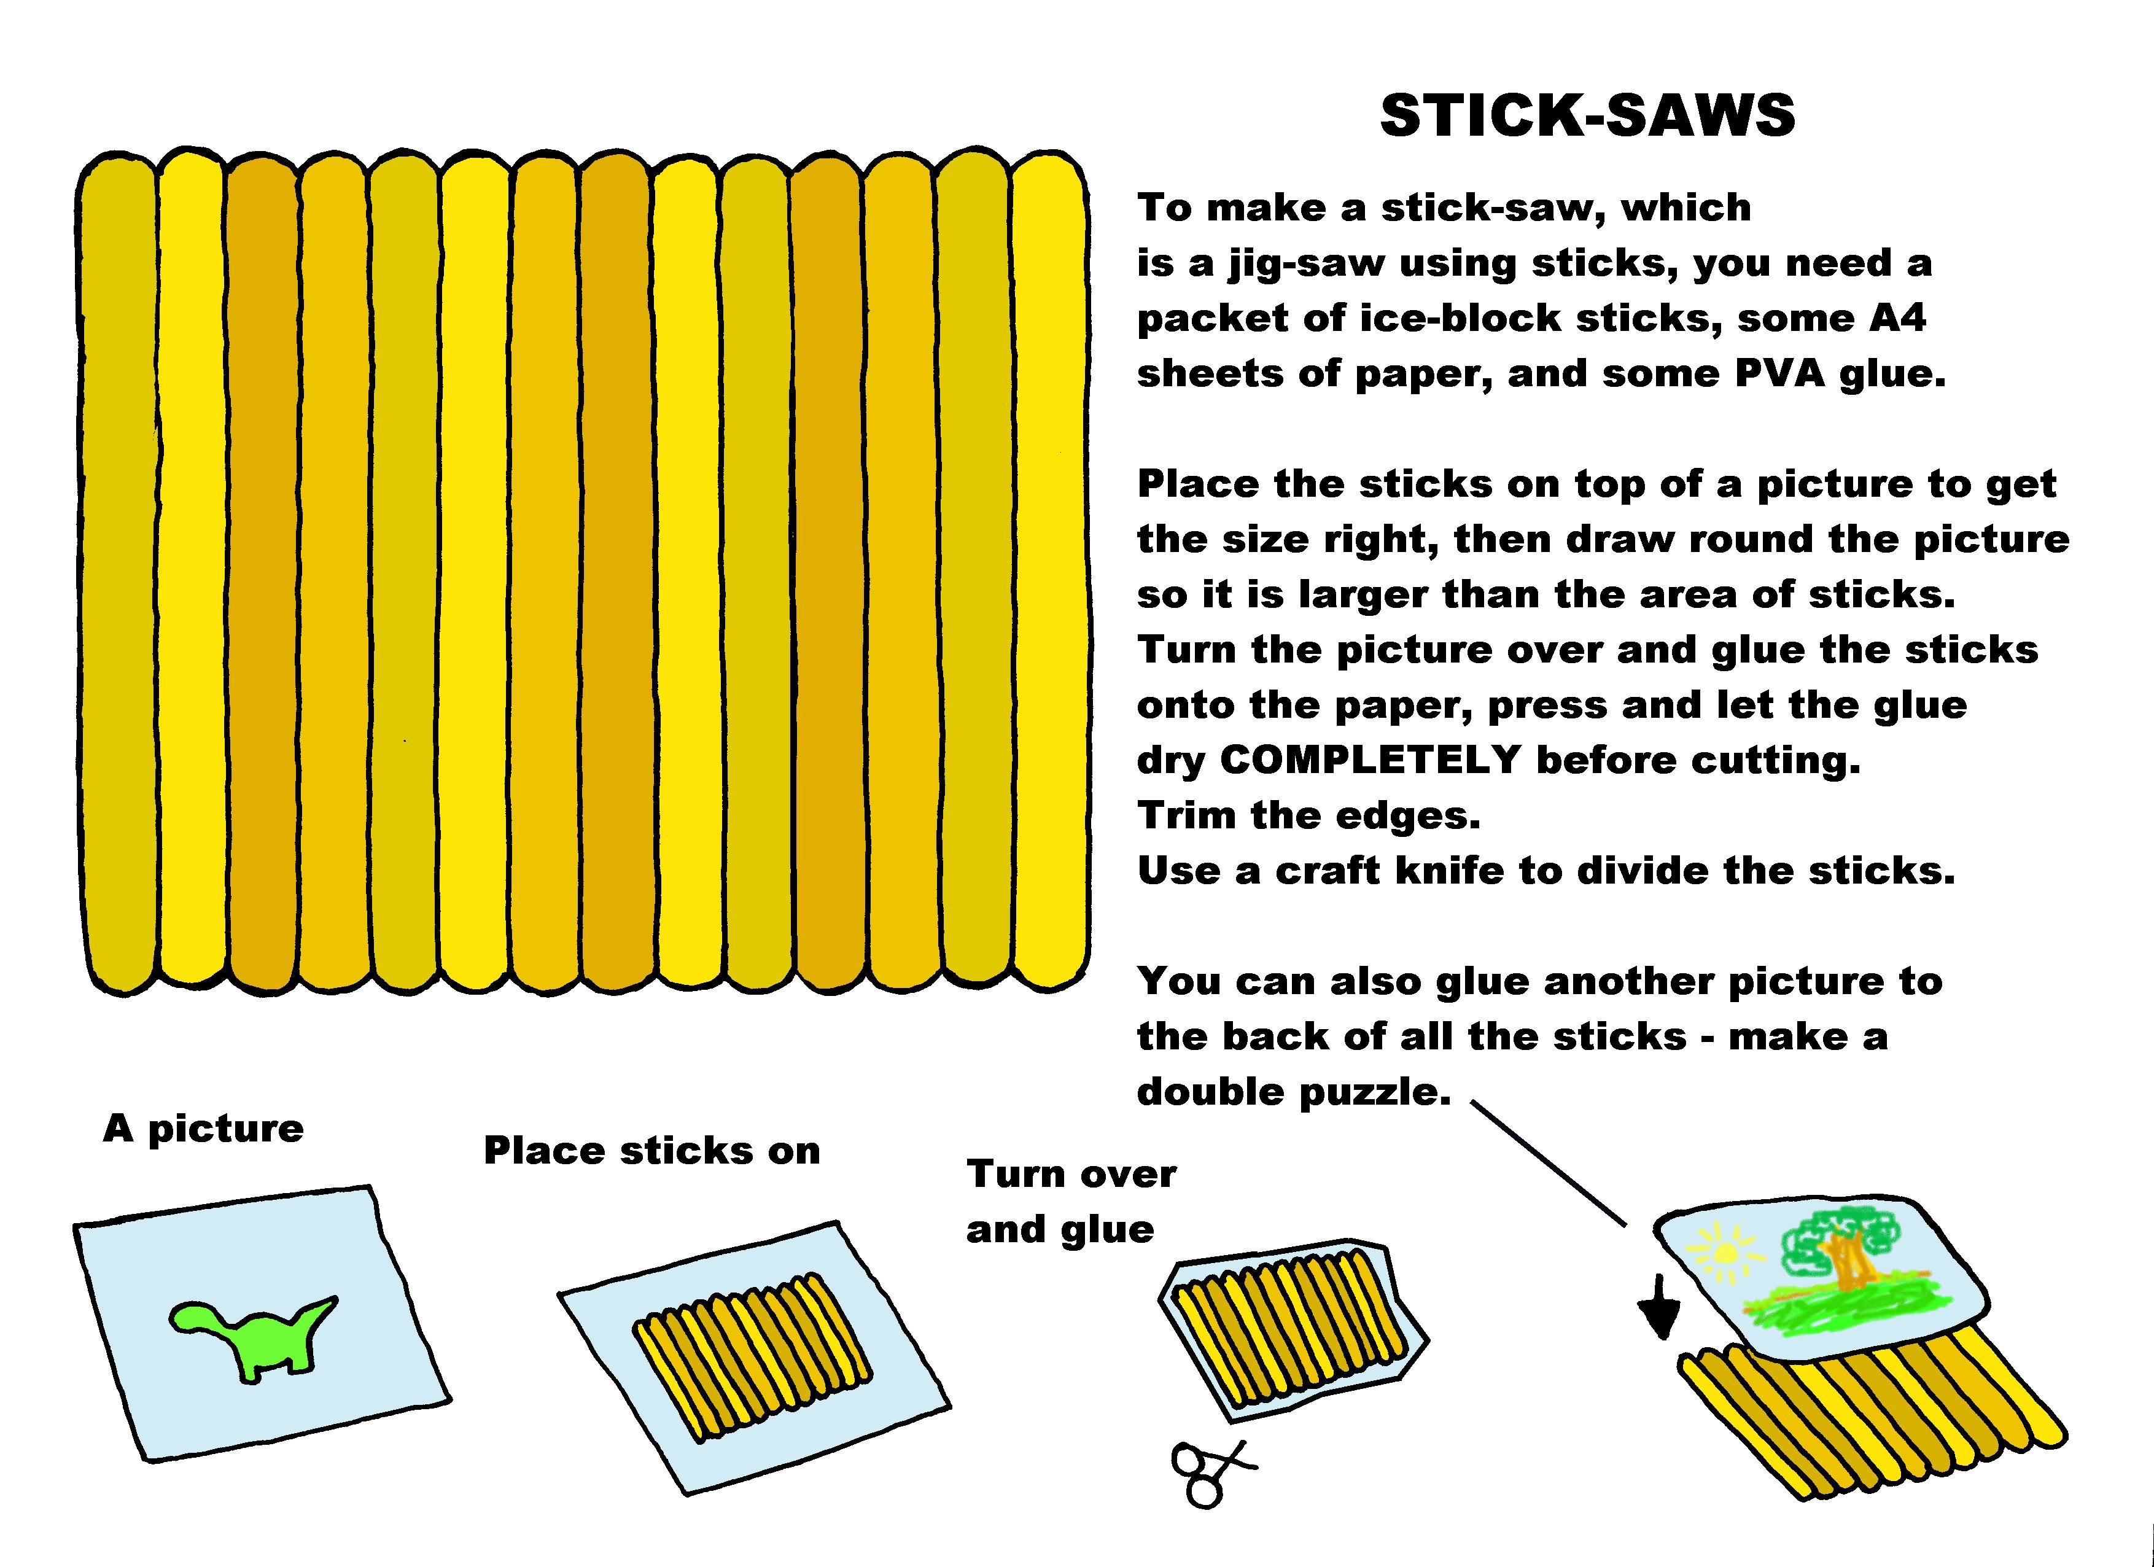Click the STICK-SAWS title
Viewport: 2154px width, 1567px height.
(x=1587, y=116)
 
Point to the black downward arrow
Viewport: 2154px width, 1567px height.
(x=1659, y=1308)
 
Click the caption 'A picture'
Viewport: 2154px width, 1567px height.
(x=203, y=1129)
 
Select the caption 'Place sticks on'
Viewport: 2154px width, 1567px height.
(x=651, y=1151)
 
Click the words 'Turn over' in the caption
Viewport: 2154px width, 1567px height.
(x=1071, y=1175)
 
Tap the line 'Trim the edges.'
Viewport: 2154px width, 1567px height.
(x=1308, y=816)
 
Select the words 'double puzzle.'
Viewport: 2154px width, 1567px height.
(x=1294, y=1092)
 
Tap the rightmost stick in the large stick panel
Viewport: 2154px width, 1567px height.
(x=1049, y=570)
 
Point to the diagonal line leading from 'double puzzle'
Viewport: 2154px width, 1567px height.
(x=1548, y=1164)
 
